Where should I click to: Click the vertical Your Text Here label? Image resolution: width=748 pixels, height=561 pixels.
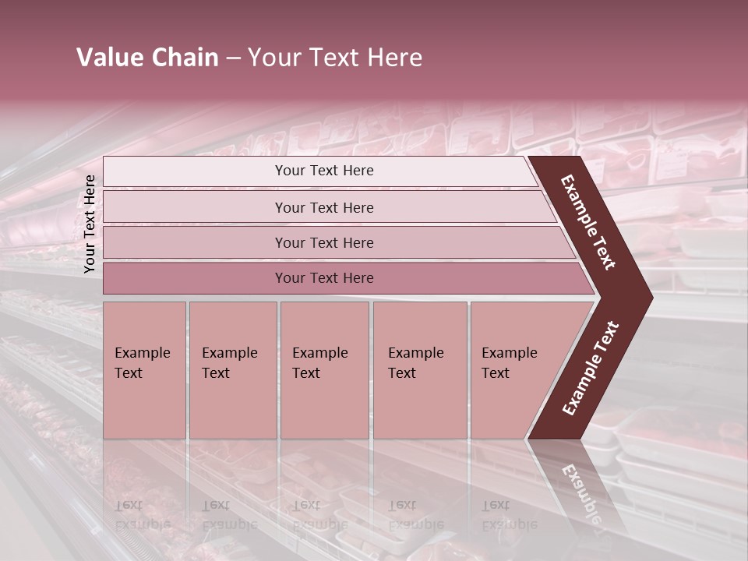pos(90,224)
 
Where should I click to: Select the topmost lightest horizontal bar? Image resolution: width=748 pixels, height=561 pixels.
pos(195,171)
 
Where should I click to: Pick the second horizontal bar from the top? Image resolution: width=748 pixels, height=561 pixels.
pos(195,207)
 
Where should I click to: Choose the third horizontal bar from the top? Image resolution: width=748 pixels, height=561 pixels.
pos(195,242)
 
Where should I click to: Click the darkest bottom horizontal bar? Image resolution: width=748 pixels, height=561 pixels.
pos(195,278)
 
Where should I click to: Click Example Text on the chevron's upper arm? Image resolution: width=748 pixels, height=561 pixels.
pos(588,222)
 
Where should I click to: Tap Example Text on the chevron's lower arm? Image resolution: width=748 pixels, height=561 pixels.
pos(591,368)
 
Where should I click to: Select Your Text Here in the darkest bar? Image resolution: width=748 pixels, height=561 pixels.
pos(324,278)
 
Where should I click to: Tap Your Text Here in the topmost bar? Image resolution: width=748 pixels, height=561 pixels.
pos(324,171)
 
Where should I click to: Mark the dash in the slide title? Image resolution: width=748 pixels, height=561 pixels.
pos(233,58)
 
